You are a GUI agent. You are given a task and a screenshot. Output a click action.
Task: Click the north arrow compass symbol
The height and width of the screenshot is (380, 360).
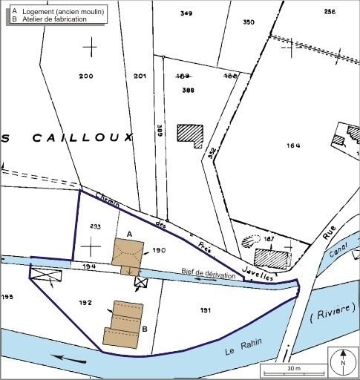[x=343, y=364]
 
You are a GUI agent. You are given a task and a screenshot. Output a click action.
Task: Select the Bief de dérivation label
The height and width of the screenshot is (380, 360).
[x=208, y=275]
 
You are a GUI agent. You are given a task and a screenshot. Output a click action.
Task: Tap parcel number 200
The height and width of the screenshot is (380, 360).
[x=86, y=76]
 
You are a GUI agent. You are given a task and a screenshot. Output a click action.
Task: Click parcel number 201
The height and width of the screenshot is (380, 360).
[x=140, y=76]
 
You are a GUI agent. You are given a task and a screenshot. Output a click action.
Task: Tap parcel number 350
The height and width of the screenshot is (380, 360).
[x=249, y=22]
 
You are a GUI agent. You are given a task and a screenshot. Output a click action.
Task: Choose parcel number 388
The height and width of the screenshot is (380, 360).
[x=188, y=89]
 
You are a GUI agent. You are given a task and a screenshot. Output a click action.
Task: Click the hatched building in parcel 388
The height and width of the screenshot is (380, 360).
[x=190, y=135]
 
